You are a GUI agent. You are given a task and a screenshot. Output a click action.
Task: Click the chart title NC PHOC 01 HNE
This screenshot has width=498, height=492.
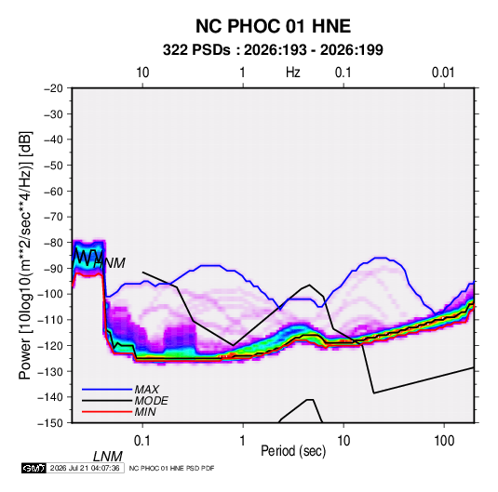click(x=273, y=26)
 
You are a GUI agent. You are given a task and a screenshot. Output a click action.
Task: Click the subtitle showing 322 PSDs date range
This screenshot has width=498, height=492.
click(x=273, y=50)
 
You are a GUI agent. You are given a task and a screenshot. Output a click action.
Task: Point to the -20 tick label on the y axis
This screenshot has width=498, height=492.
click(x=53, y=88)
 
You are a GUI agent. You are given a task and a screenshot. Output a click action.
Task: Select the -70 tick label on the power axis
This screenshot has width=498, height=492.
click(x=53, y=217)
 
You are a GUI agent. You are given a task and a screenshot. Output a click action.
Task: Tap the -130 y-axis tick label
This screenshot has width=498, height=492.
click(x=51, y=371)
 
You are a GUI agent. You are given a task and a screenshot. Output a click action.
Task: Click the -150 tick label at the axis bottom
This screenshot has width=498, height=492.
click(x=51, y=423)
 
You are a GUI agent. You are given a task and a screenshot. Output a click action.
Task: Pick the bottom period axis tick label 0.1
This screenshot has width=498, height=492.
click(x=142, y=441)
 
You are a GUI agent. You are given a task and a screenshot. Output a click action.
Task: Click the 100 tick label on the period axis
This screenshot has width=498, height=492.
click(x=444, y=441)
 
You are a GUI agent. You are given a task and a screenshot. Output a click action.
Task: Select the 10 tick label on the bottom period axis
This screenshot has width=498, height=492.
click(x=343, y=441)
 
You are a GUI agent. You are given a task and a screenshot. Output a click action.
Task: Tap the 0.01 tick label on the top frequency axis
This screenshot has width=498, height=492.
click(x=443, y=73)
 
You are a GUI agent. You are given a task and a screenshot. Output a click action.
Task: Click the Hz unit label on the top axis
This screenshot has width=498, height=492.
click(x=293, y=73)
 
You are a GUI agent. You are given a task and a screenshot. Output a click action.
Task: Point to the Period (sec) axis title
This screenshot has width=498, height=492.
click(x=293, y=451)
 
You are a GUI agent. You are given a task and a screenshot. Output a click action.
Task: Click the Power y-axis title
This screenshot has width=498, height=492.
click(x=25, y=255)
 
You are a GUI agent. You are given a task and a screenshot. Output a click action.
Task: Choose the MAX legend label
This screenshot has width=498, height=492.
click(x=147, y=390)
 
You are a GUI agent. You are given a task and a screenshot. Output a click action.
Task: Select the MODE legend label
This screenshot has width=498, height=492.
click(x=151, y=401)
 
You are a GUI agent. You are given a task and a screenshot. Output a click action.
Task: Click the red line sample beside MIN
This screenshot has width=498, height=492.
click(x=107, y=412)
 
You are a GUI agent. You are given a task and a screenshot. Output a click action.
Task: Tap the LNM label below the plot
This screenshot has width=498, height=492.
click(x=108, y=457)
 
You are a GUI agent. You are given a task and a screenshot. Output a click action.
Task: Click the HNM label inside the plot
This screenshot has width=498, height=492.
click(x=110, y=263)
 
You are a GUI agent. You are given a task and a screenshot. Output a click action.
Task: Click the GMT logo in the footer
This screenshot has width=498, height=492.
click(x=34, y=468)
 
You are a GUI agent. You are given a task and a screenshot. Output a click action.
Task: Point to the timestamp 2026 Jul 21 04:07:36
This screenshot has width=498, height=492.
click(x=85, y=468)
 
